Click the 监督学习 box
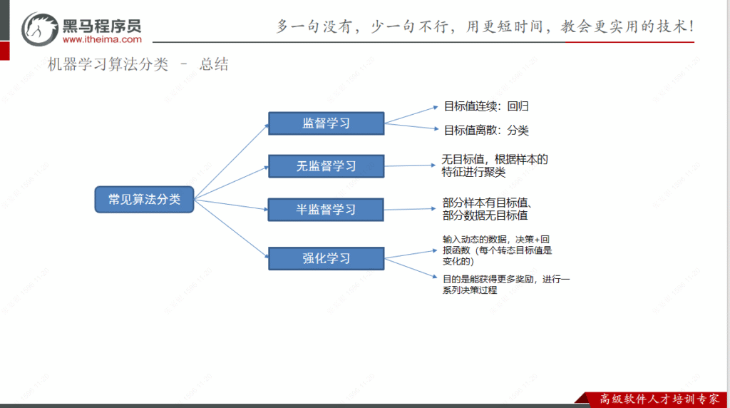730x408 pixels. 326,123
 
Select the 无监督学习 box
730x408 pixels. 326,166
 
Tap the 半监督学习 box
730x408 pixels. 326,210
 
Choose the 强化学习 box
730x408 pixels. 326,258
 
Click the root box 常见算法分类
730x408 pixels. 145,200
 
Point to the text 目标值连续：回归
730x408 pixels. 486,107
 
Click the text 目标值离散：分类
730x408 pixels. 486,131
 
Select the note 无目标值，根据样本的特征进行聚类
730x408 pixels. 494,165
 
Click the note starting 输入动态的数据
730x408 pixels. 497,250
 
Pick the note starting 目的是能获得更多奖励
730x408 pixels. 505,284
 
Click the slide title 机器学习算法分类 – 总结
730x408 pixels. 138,65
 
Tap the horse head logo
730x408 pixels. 40,29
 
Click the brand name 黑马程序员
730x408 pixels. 102,26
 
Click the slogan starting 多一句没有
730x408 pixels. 485,26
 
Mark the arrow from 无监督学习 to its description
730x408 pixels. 410,165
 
